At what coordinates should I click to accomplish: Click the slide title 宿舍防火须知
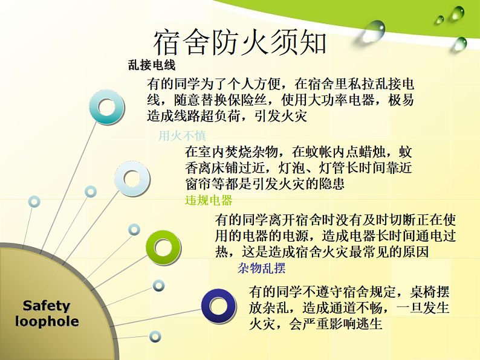[x=240, y=42]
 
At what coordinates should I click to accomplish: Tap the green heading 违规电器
[x=209, y=201]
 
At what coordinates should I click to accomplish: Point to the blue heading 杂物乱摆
[x=262, y=268]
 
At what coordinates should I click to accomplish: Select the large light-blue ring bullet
[x=132, y=178]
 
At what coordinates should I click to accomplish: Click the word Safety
[x=47, y=306]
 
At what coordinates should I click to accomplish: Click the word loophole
[x=47, y=321]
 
